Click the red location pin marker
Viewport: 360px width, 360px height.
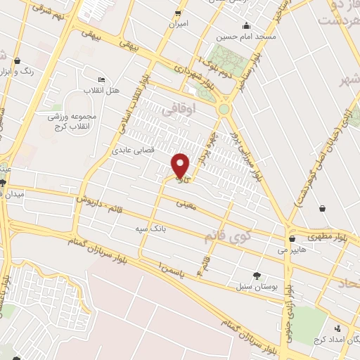pos(181,166)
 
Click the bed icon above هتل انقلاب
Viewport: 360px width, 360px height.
pos(103,80)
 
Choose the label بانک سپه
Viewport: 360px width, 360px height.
pos(151,229)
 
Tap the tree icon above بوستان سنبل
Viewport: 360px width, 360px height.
pos(257,276)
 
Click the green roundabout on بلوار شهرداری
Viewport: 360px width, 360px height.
pos(225,109)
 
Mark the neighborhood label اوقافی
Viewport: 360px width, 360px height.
pos(176,111)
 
